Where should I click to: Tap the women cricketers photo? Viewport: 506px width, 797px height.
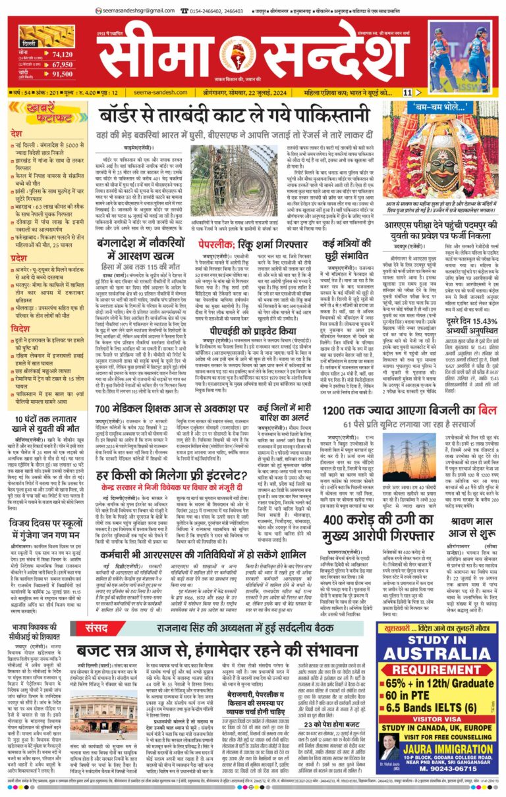pos(468,53)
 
